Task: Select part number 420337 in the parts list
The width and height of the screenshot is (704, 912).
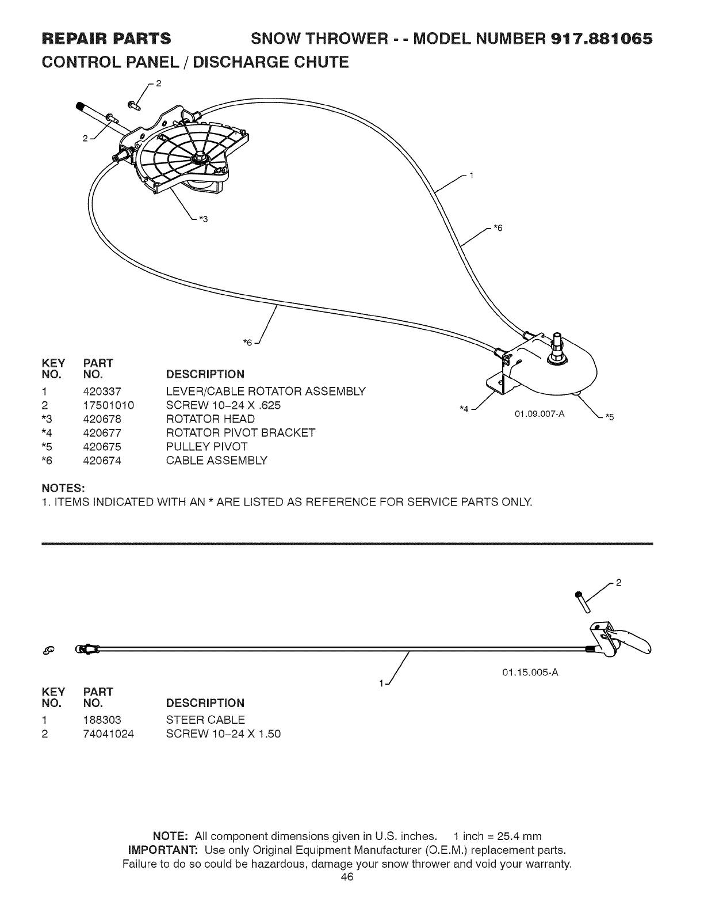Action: coord(102,392)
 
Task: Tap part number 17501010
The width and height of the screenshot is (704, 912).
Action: coord(108,405)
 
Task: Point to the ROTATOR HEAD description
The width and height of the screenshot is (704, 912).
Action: coord(210,419)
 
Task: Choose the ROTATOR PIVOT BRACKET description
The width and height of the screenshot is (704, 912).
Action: coord(240,433)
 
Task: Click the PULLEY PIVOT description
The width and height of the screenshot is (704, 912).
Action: coord(206,447)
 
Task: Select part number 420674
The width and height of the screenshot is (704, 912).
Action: coord(102,461)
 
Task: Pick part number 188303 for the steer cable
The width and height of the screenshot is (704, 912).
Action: coord(102,720)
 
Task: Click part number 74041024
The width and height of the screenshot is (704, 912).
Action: coord(108,734)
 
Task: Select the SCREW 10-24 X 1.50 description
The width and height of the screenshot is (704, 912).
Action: coord(223,734)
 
